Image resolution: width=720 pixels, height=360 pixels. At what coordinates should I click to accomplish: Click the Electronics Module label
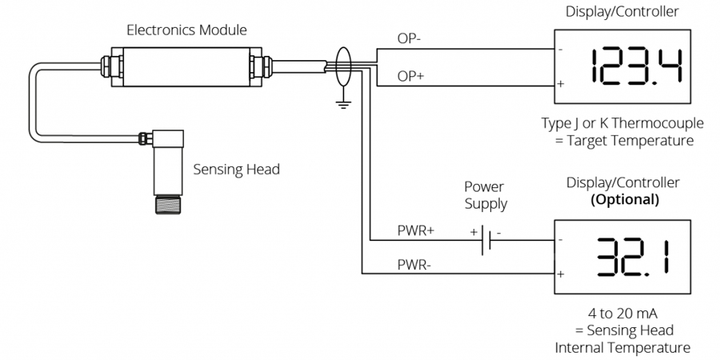tap(187, 30)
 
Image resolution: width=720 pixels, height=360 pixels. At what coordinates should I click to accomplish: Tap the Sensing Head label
tap(236, 169)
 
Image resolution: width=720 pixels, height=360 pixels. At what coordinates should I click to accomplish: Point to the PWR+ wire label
tap(416, 230)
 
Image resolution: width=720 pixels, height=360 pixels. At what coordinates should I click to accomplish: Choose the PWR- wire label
tap(414, 263)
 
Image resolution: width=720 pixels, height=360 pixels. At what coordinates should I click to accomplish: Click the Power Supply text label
tap(486, 195)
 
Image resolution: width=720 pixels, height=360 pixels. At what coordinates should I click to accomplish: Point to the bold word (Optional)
tap(624, 199)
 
